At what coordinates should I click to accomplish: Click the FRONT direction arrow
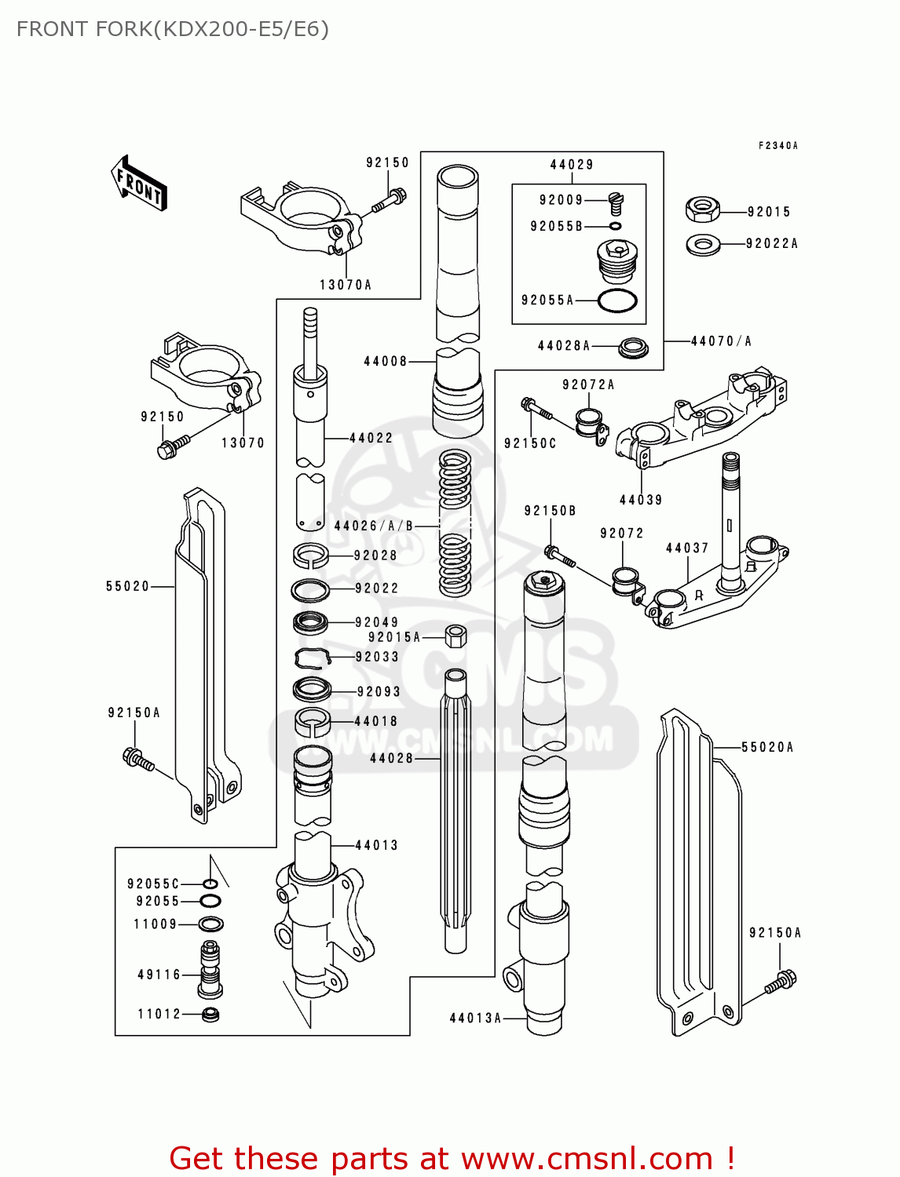[x=139, y=184]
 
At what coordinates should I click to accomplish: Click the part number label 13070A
[x=346, y=285]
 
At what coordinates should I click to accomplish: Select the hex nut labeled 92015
[x=702, y=210]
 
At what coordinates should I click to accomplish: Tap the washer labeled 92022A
[x=703, y=245]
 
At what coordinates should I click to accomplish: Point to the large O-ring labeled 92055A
[x=617, y=301]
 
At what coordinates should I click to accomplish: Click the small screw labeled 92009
[x=616, y=204]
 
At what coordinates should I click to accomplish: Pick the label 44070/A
[x=721, y=341]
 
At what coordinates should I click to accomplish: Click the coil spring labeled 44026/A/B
[x=455, y=522]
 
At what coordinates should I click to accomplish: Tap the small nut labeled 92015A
[x=456, y=636]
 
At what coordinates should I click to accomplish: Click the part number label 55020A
[x=767, y=747]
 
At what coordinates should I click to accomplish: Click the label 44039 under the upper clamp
[x=641, y=500]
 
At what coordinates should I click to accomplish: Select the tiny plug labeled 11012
[x=210, y=1014]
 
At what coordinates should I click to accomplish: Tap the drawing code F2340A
[x=777, y=146]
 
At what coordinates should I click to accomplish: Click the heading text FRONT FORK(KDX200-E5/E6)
[x=172, y=29]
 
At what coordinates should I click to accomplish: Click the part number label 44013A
[x=475, y=1018]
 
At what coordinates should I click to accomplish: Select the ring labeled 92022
[x=310, y=589]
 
